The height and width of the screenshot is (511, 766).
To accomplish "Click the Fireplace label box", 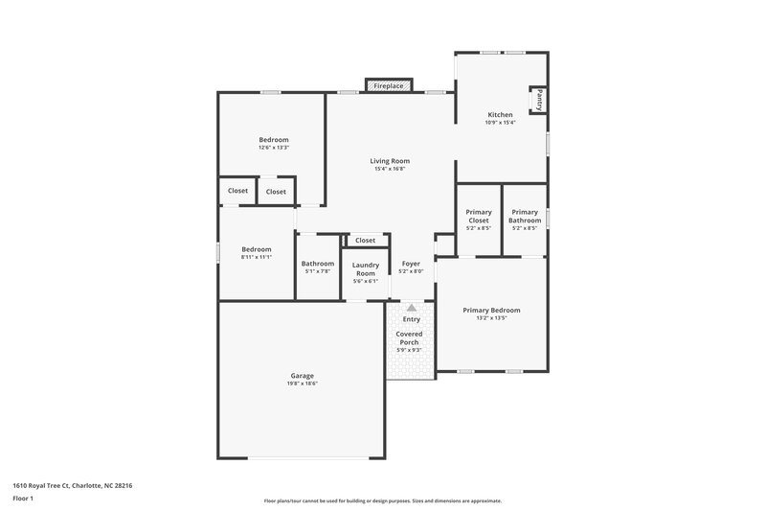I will click(x=388, y=86).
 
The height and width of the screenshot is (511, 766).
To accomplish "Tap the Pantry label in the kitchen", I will click(x=539, y=99).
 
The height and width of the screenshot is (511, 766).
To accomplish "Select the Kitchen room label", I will click(x=500, y=115).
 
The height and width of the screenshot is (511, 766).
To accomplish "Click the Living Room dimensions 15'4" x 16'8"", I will click(x=390, y=169).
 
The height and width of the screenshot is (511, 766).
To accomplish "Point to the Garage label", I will click(x=303, y=376).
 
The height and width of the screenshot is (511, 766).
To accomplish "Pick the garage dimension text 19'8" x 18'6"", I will click(x=303, y=383).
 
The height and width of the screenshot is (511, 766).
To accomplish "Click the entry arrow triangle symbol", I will click(x=412, y=308).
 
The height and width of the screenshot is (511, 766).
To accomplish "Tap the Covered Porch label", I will click(x=410, y=338).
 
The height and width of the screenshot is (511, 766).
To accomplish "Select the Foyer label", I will click(x=411, y=264).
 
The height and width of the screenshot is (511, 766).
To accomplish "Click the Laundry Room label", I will click(x=365, y=268).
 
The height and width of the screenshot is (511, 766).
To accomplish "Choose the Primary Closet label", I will click(x=478, y=216).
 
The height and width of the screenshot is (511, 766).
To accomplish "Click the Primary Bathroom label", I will click(x=525, y=216).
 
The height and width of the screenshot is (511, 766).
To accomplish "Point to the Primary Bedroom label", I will click(x=491, y=310).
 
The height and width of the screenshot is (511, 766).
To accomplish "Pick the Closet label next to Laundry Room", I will click(x=365, y=241).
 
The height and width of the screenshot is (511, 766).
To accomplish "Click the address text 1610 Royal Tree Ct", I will click(x=73, y=486).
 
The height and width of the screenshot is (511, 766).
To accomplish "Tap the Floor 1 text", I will click(x=24, y=499).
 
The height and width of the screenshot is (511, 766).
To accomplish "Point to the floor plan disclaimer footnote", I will click(x=382, y=500).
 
